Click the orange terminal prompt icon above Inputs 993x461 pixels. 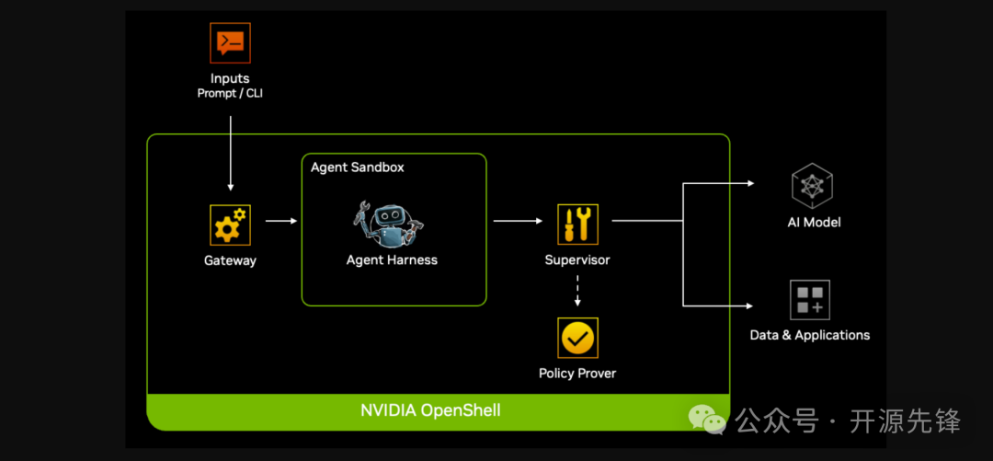(230, 42)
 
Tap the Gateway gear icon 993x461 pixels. (230, 225)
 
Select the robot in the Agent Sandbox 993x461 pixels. (388, 224)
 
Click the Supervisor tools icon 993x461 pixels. (577, 225)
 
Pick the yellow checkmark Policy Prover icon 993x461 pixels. (577, 338)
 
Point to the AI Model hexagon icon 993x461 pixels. (812, 185)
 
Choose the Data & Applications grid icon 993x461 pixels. (810, 300)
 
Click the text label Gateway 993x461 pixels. (230, 260)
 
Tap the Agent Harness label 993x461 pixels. (392, 260)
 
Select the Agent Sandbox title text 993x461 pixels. (357, 167)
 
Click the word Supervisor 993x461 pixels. (577, 260)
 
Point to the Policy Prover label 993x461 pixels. (577, 374)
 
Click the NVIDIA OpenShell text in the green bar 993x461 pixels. (430, 410)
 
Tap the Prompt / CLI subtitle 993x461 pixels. (230, 93)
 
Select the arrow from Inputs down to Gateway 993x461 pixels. (231, 154)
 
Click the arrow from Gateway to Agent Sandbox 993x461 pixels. (281, 221)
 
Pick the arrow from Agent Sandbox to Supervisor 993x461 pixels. (518, 221)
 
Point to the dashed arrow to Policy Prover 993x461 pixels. (577, 291)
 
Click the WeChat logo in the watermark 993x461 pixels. (707, 419)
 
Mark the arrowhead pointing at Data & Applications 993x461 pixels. (750, 306)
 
